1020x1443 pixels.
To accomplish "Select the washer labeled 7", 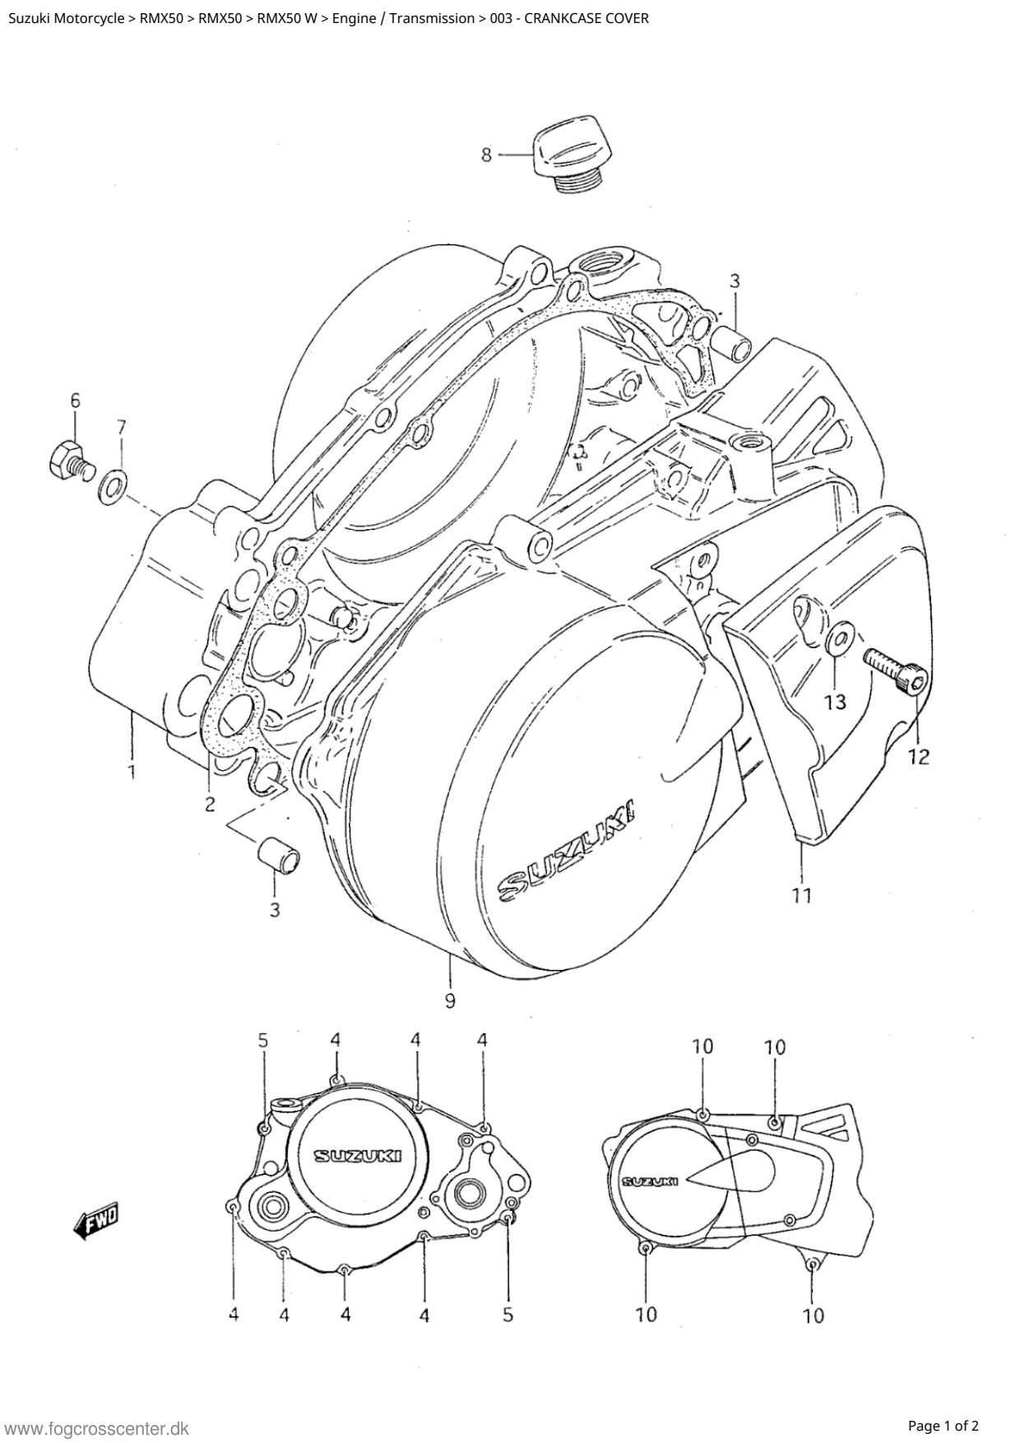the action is click(x=112, y=486).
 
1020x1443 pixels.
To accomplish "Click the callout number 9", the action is click(x=450, y=1000).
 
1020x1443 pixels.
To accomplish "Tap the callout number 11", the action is click(x=802, y=893).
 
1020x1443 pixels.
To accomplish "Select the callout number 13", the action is click(x=835, y=702).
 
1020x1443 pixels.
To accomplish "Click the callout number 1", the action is click(x=132, y=772).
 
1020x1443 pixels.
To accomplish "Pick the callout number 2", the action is click(x=210, y=804).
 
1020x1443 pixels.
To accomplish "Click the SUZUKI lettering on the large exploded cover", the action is click(x=568, y=851).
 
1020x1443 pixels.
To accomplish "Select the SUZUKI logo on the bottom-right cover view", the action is click(x=650, y=1181).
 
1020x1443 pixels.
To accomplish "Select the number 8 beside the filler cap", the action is click(x=486, y=154).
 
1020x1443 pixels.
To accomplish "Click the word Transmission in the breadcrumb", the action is click(x=432, y=17).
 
